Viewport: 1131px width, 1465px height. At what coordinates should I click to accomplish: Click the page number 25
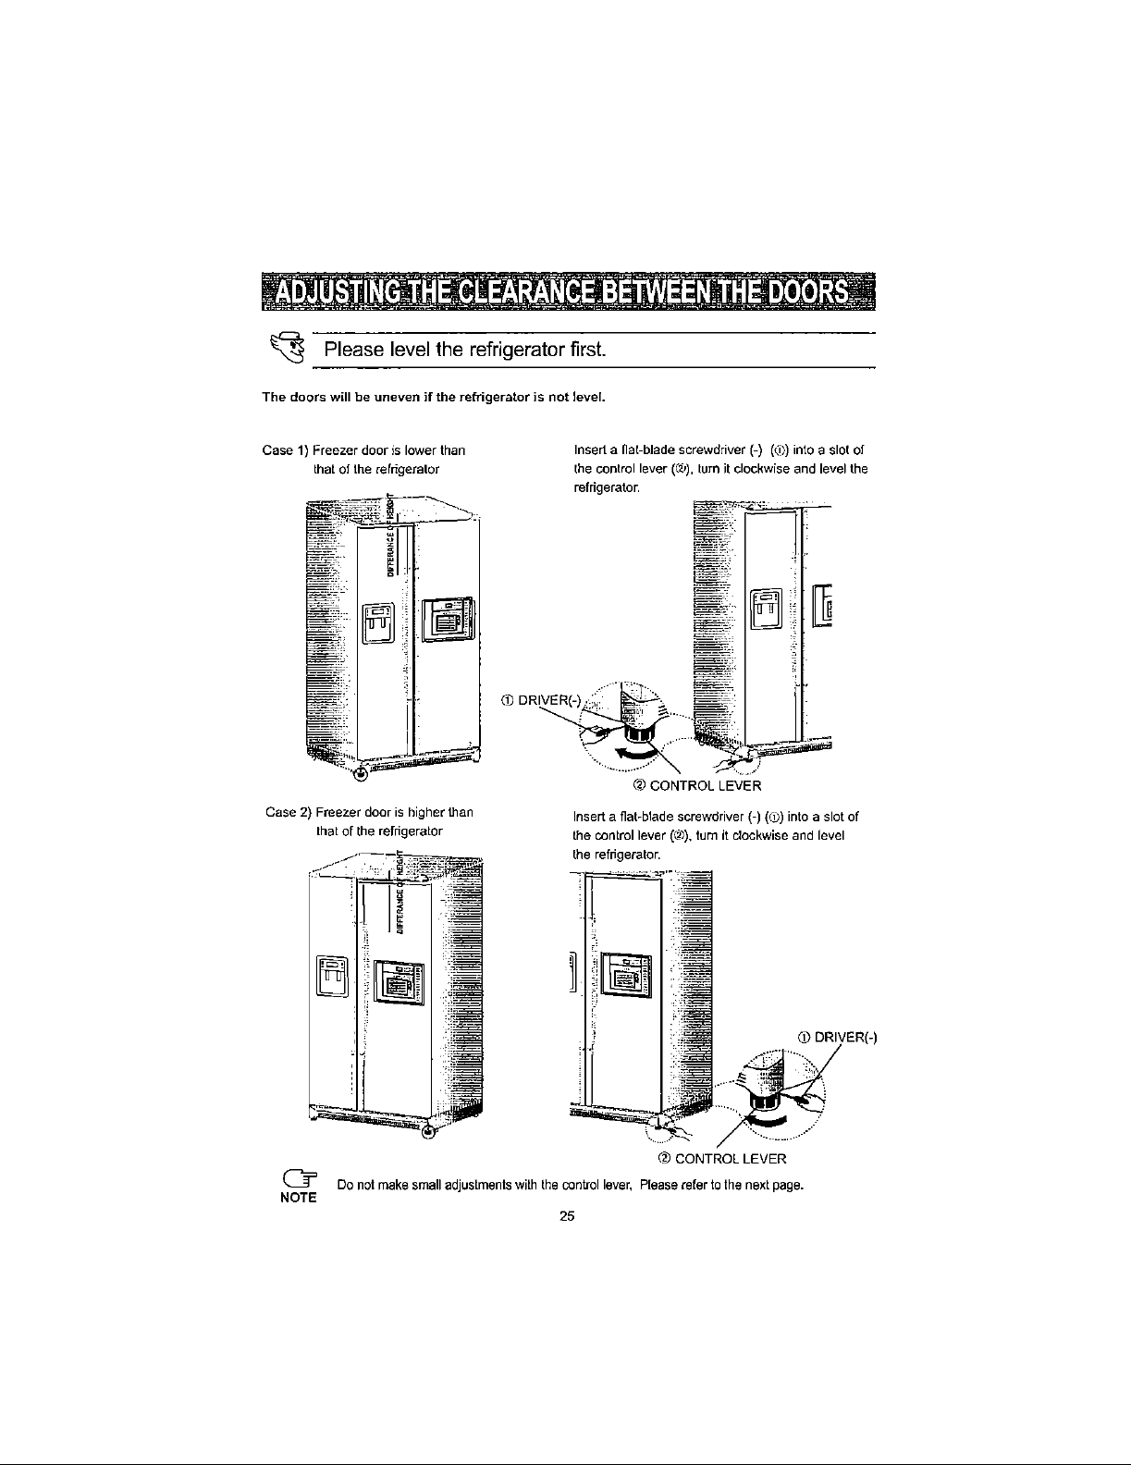pyautogui.click(x=567, y=1216)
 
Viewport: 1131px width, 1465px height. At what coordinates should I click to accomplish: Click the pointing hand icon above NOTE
pyautogui.click(x=300, y=1179)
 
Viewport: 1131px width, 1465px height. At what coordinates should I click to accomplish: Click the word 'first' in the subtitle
pyautogui.click(x=584, y=351)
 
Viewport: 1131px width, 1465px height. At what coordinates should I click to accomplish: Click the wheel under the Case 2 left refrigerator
pyautogui.click(x=428, y=1134)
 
